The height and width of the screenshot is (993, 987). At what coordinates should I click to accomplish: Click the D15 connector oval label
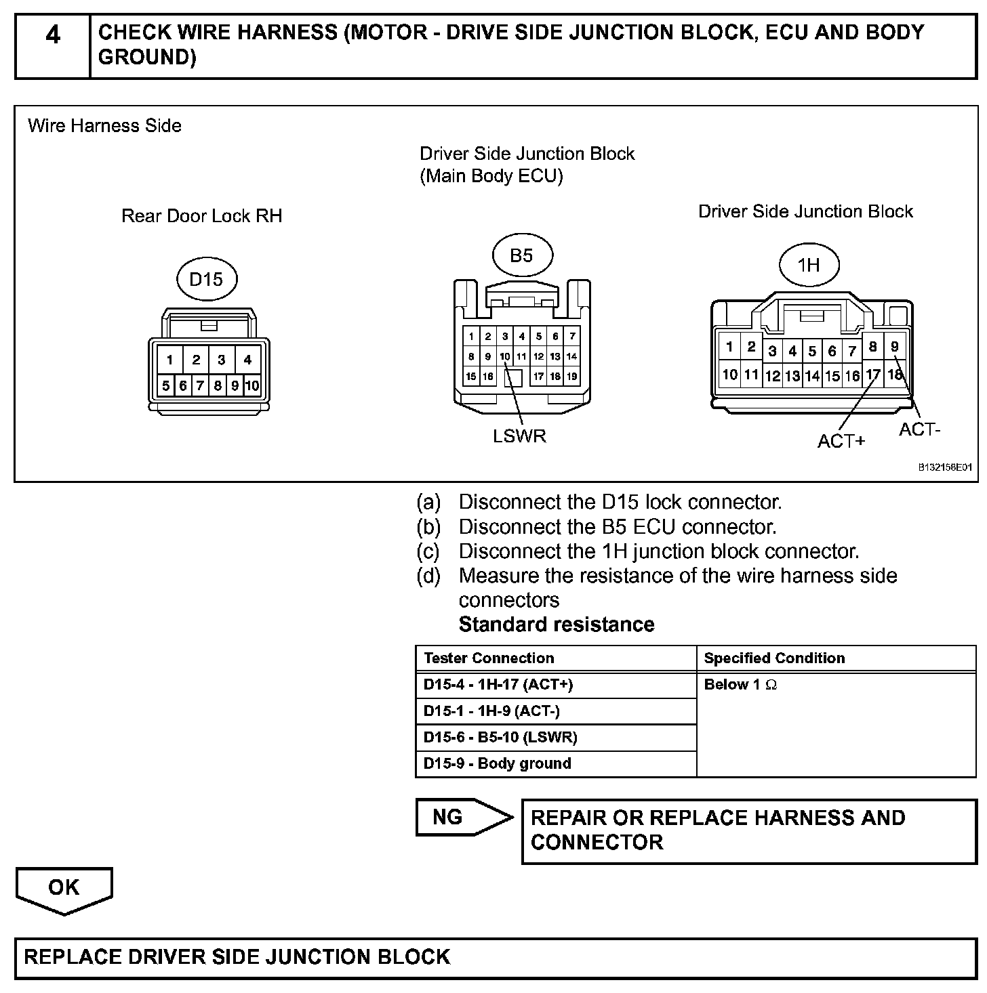[x=206, y=279]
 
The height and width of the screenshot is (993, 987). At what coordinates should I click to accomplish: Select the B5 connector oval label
[x=521, y=255]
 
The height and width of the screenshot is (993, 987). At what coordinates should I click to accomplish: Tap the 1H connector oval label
[x=809, y=265]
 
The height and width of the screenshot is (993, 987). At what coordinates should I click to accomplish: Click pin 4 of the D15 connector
[x=247, y=360]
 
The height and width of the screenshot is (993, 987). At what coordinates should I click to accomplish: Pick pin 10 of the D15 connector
[x=251, y=386]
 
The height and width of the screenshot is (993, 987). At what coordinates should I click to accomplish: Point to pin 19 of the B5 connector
[x=571, y=377]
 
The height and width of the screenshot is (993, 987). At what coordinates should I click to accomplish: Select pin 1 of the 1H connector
[x=729, y=347]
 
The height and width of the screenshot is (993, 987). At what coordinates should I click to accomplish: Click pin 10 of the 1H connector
[x=729, y=374]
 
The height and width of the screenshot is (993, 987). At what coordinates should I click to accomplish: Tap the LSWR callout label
[x=519, y=436]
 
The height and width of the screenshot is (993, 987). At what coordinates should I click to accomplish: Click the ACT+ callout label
[x=841, y=441]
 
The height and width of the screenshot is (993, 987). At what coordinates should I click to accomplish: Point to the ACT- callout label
[x=920, y=429]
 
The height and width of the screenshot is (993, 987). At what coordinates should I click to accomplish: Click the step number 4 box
[x=52, y=45]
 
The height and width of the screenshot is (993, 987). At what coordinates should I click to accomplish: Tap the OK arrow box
[x=64, y=888]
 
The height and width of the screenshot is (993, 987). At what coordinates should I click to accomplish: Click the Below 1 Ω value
[x=740, y=684]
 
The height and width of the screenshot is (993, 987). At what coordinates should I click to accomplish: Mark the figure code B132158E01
[x=945, y=467]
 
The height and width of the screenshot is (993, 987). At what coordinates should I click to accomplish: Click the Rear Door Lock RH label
[x=201, y=216]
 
